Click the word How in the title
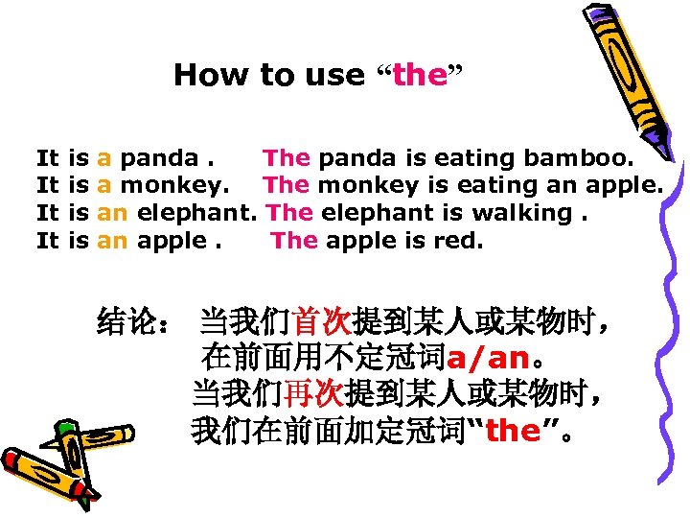pyautogui.click(x=203, y=75)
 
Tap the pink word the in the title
pyautogui.click(x=420, y=75)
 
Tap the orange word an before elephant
pyautogui.click(x=112, y=213)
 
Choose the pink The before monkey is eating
pyautogui.click(x=286, y=185)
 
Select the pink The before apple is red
pyautogui.click(x=294, y=241)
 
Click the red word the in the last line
pyautogui.click(x=514, y=432)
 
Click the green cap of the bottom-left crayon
pyautogui.click(x=65, y=428)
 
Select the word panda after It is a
pyautogui.click(x=161, y=157)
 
